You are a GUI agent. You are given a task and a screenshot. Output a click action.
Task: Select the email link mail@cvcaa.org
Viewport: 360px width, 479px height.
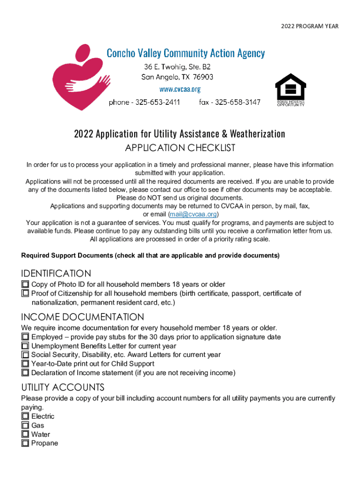pos(187,214)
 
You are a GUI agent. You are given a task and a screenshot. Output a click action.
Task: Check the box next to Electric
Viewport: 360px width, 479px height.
pos(25,416)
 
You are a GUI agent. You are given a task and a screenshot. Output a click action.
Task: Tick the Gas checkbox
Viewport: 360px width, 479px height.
pos(25,425)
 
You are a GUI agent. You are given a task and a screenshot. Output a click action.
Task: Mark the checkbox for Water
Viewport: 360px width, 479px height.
pos(25,434)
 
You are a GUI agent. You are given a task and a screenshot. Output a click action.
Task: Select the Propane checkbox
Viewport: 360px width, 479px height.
pos(25,443)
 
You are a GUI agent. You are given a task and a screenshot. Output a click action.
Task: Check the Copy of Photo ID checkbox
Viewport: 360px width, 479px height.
pos(25,284)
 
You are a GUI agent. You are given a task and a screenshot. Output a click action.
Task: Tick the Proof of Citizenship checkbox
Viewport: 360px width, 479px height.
pos(25,293)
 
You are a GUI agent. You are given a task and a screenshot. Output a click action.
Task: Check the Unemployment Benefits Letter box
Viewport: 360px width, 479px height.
pos(25,346)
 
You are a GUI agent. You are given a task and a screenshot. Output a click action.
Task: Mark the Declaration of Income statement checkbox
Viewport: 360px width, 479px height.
pos(25,373)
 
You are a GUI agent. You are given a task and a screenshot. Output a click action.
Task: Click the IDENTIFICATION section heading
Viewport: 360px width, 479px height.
pos(56,273)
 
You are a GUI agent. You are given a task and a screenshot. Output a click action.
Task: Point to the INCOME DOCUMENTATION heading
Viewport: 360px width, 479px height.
pos(83,317)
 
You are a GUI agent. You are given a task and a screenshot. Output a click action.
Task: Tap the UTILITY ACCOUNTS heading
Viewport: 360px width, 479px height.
pos(63,387)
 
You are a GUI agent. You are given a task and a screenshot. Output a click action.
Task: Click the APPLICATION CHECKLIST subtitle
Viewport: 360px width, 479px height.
pos(180,148)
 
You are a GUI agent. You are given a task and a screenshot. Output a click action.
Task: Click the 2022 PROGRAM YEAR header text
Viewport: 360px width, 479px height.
pos(310,26)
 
